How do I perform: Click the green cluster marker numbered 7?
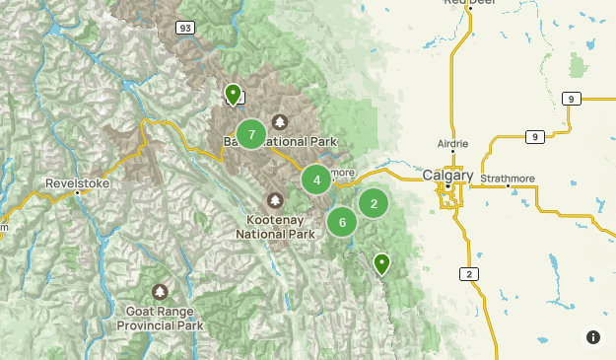coord(252,134)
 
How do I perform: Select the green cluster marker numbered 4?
coord(316,180)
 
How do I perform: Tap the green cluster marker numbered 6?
coord(342,222)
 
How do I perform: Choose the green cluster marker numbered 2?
coord(374,203)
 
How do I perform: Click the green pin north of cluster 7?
coord(233,94)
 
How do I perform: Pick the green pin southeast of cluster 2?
coord(380,263)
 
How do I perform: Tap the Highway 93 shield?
coord(185,29)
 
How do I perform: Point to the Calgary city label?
coord(447,176)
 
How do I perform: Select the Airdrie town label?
coord(453,144)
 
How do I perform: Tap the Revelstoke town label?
coord(77,182)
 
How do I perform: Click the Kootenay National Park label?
coord(275,227)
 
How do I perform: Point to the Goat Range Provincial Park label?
coord(160,317)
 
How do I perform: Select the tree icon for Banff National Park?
coord(280,122)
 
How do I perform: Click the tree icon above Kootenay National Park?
coord(275,200)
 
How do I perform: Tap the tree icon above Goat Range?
coord(160,292)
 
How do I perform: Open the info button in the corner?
coord(593,337)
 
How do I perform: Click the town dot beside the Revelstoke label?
coord(77,193)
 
